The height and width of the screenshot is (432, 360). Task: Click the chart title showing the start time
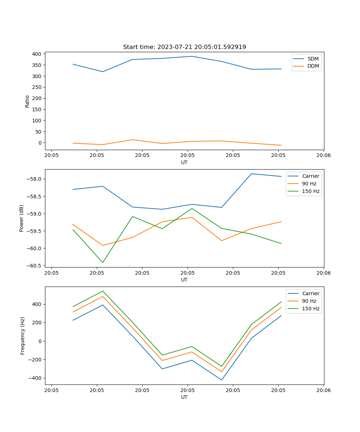(x=184, y=47)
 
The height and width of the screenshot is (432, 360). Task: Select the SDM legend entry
(x=313, y=59)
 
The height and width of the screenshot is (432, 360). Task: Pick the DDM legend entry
(x=313, y=66)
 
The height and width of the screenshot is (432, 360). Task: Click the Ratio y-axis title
(x=27, y=101)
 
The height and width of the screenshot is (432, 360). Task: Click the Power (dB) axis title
(x=22, y=218)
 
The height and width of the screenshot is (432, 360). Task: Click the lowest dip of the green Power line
(x=103, y=262)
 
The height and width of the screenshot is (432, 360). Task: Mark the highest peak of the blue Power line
(x=251, y=174)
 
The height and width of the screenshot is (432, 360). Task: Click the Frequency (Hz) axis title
(x=23, y=336)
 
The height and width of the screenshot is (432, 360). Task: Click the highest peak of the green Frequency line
(x=103, y=291)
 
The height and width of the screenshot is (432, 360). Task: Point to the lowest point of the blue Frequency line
(x=221, y=380)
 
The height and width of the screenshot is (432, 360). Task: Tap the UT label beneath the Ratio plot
(x=184, y=162)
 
